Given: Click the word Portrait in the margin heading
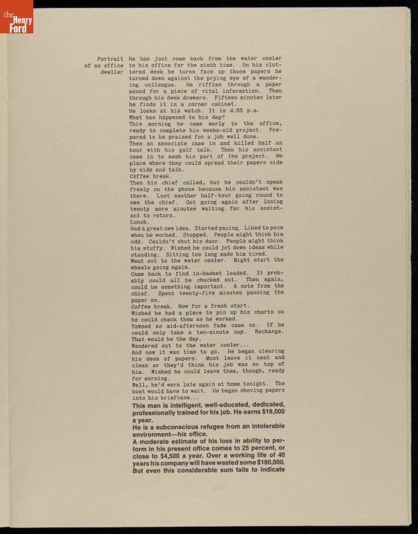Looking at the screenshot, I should (110, 59).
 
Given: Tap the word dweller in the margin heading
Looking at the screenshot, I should (112, 71).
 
